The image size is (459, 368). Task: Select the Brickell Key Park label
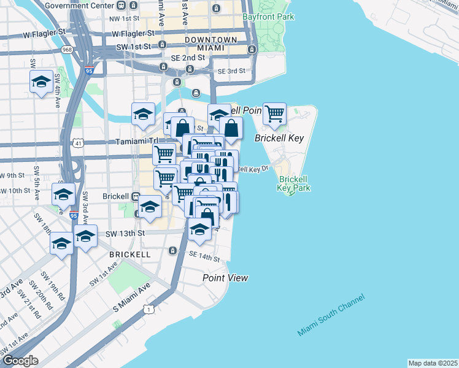tap(292, 184)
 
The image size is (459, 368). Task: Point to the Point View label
tap(226, 278)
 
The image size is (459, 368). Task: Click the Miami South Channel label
tap(331, 315)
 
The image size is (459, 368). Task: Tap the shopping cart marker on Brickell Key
tap(274, 113)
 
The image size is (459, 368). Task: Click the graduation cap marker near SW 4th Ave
tap(41, 82)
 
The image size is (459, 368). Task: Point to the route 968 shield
tap(66, 49)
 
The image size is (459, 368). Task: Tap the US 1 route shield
tap(148, 309)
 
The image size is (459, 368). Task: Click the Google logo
tap(20, 361)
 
